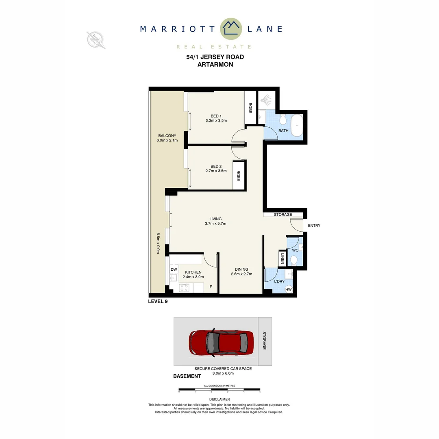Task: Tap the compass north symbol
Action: (96, 40)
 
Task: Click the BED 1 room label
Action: (216, 116)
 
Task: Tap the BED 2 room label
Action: (216, 166)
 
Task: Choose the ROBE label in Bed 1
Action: (250, 108)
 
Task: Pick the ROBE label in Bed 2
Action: (239, 175)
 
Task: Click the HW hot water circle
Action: (289, 290)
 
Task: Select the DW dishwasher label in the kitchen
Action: (174, 269)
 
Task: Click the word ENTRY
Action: (314, 226)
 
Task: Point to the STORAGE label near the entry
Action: (283, 215)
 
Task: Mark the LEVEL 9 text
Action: (158, 302)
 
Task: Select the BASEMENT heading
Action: (187, 376)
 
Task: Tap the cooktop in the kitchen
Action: (184, 288)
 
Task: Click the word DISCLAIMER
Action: (219, 400)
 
